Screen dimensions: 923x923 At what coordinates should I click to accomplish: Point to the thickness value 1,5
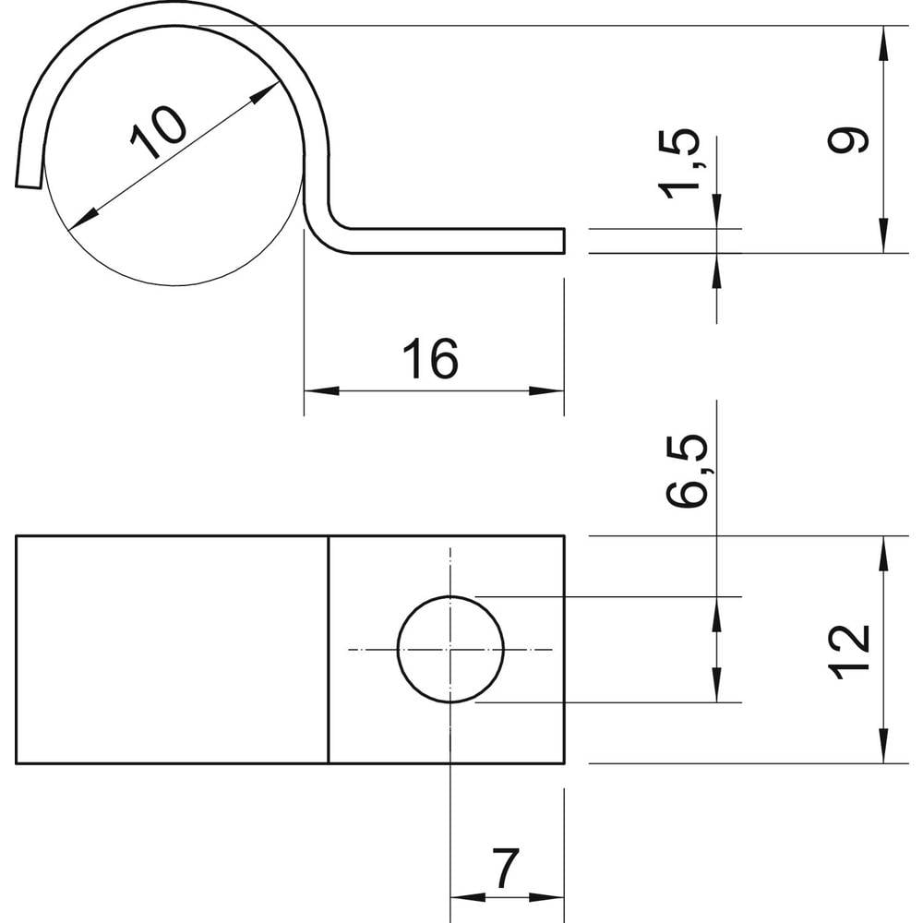[680, 164]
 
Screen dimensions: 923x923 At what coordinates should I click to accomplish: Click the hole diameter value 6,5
[688, 471]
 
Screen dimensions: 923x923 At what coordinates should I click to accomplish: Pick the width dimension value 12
[849, 652]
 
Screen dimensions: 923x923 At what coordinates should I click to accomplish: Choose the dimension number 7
[506, 869]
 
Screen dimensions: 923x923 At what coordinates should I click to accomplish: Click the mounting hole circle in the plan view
[450, 650]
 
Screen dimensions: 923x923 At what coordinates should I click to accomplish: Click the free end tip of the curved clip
[29, 186]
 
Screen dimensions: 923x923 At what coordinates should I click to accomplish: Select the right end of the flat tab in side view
[563, 240]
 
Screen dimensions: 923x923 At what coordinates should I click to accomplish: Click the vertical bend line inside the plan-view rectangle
[329, 650]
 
